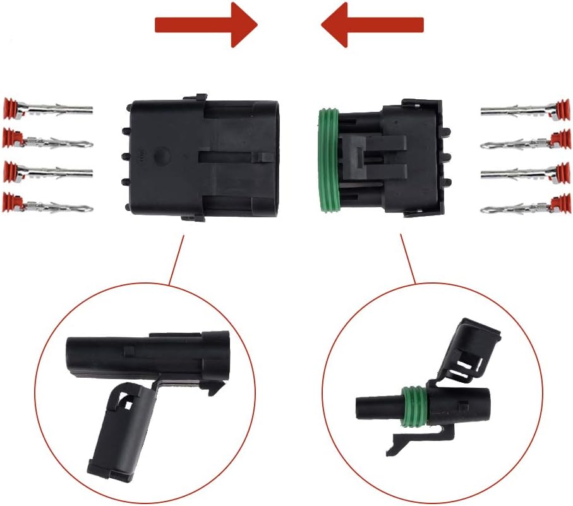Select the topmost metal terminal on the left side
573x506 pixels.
coord(57,111)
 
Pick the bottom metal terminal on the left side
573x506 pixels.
coord(57,205)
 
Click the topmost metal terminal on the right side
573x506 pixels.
coord(515,111)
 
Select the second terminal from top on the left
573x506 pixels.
coord(57,140)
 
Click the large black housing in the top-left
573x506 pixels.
coord(202,158)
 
